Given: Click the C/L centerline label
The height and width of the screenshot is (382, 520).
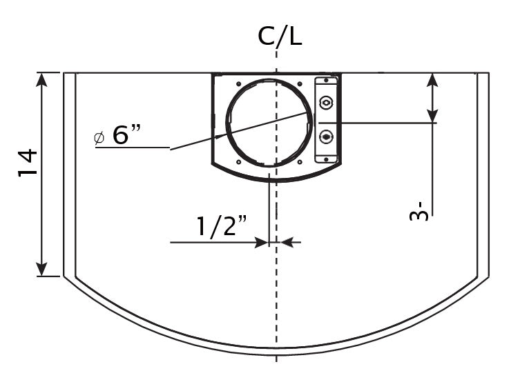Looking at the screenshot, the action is point(280,36).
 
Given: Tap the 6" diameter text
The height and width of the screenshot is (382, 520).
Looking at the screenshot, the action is point(126,134).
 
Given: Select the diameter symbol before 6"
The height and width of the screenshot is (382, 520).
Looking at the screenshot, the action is point(99,138).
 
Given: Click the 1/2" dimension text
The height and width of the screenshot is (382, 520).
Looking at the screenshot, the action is point(222,226).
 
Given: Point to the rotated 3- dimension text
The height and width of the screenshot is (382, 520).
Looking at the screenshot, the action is point(419,210).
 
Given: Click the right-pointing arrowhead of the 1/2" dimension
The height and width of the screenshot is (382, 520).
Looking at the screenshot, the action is point(260,242).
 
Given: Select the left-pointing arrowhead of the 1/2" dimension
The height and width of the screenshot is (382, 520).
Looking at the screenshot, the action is point(288,242).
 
